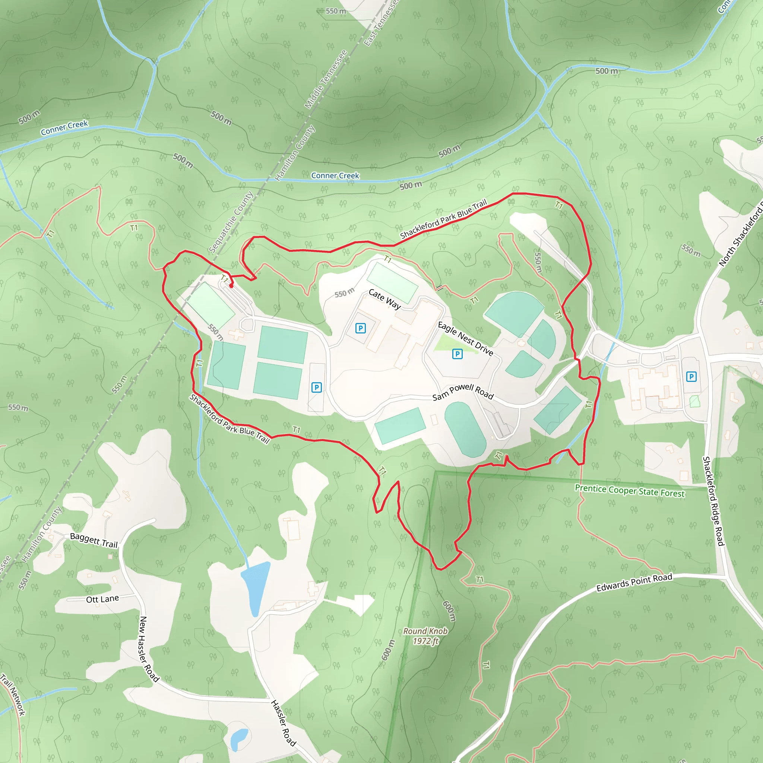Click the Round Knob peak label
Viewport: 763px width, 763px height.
(x=425, y=631)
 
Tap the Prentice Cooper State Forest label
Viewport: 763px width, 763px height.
(x=630, y=491)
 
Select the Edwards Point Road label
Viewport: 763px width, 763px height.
(x=634, y=583)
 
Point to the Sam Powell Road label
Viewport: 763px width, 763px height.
(x=463, y=392)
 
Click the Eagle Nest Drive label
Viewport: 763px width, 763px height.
(x=466, y=339)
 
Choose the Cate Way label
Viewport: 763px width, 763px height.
(x=384, y=299)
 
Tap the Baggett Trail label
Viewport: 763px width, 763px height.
(x=94, y=540)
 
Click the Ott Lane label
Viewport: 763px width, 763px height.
(x=102, y=599)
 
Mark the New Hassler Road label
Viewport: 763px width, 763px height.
(x=149, y=649)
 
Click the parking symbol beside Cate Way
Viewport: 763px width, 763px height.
(x=360, y=328)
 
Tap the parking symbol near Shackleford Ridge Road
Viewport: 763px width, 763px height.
(x=691, y=377)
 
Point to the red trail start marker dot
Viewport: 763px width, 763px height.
(x=231, y=285)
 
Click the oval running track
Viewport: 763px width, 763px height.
(x=465, y=430)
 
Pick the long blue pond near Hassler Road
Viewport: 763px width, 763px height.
(x=255, y=588)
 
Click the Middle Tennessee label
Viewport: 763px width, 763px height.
(x=326, y=79)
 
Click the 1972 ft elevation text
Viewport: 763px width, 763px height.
(x=426, y=641)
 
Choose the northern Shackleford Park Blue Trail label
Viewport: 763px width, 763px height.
(x=443, y=219)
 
